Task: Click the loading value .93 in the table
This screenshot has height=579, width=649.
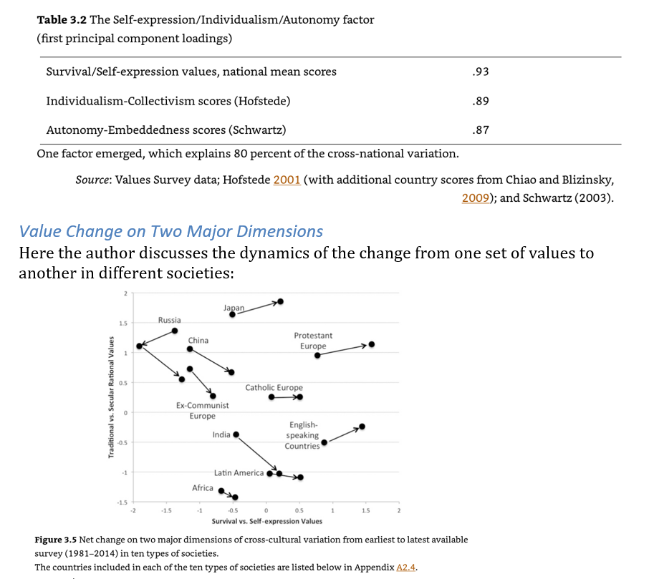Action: coord(481,72)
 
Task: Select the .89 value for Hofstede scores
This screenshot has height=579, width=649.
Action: coord(481,101)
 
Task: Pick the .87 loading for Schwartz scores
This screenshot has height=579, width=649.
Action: coord(481,130)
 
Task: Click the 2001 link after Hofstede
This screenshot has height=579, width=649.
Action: coord(287,180)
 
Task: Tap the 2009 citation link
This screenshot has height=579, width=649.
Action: coord(475,198)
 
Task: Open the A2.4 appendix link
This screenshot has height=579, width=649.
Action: coord(406,568)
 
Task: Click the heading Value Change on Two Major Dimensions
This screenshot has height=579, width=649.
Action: coord(170,231)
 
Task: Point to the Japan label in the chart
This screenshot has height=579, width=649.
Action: coord(234,308)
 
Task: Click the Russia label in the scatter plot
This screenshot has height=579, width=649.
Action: coord(170,320)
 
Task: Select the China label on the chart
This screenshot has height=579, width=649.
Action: coord(198,340)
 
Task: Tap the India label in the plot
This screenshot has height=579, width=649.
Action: coord(221,434)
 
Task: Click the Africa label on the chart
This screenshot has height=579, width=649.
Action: coord(203,488)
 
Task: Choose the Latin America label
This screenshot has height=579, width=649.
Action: coord(239,473)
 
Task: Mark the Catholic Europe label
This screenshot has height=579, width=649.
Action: coord(274,388)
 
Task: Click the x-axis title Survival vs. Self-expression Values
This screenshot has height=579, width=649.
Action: coord(266,521)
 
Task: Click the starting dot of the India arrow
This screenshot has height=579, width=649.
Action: coord(236,434)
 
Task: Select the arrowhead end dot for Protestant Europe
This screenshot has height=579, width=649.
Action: coord(371,344)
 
